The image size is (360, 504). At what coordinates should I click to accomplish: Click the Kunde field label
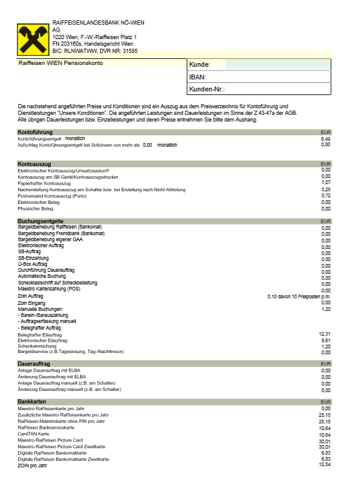pos(199,64)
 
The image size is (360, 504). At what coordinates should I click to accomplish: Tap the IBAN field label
pos(198,77)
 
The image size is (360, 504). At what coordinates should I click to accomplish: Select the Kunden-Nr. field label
pos(206,89)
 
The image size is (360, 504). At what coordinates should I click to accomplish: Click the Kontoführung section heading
pos(36,132)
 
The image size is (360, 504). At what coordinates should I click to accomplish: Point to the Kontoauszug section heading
pos(34,164)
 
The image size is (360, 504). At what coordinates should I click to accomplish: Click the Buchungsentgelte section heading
pos(41,221)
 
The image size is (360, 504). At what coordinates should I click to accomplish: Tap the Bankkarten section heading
pos(33,401)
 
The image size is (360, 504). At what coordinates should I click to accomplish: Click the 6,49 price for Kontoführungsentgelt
pos(326,138)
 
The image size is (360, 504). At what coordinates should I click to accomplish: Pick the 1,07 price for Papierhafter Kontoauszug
pos(326,183)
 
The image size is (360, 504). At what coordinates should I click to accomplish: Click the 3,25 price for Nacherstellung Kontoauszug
pos(326,189)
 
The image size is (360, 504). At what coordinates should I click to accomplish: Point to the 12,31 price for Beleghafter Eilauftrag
pos(325,333)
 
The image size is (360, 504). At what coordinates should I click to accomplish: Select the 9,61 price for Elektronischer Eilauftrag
pos(326,340)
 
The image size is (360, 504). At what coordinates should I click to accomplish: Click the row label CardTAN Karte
pos(34,434)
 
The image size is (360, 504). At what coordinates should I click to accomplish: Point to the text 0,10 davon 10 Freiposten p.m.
pos(299,297)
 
